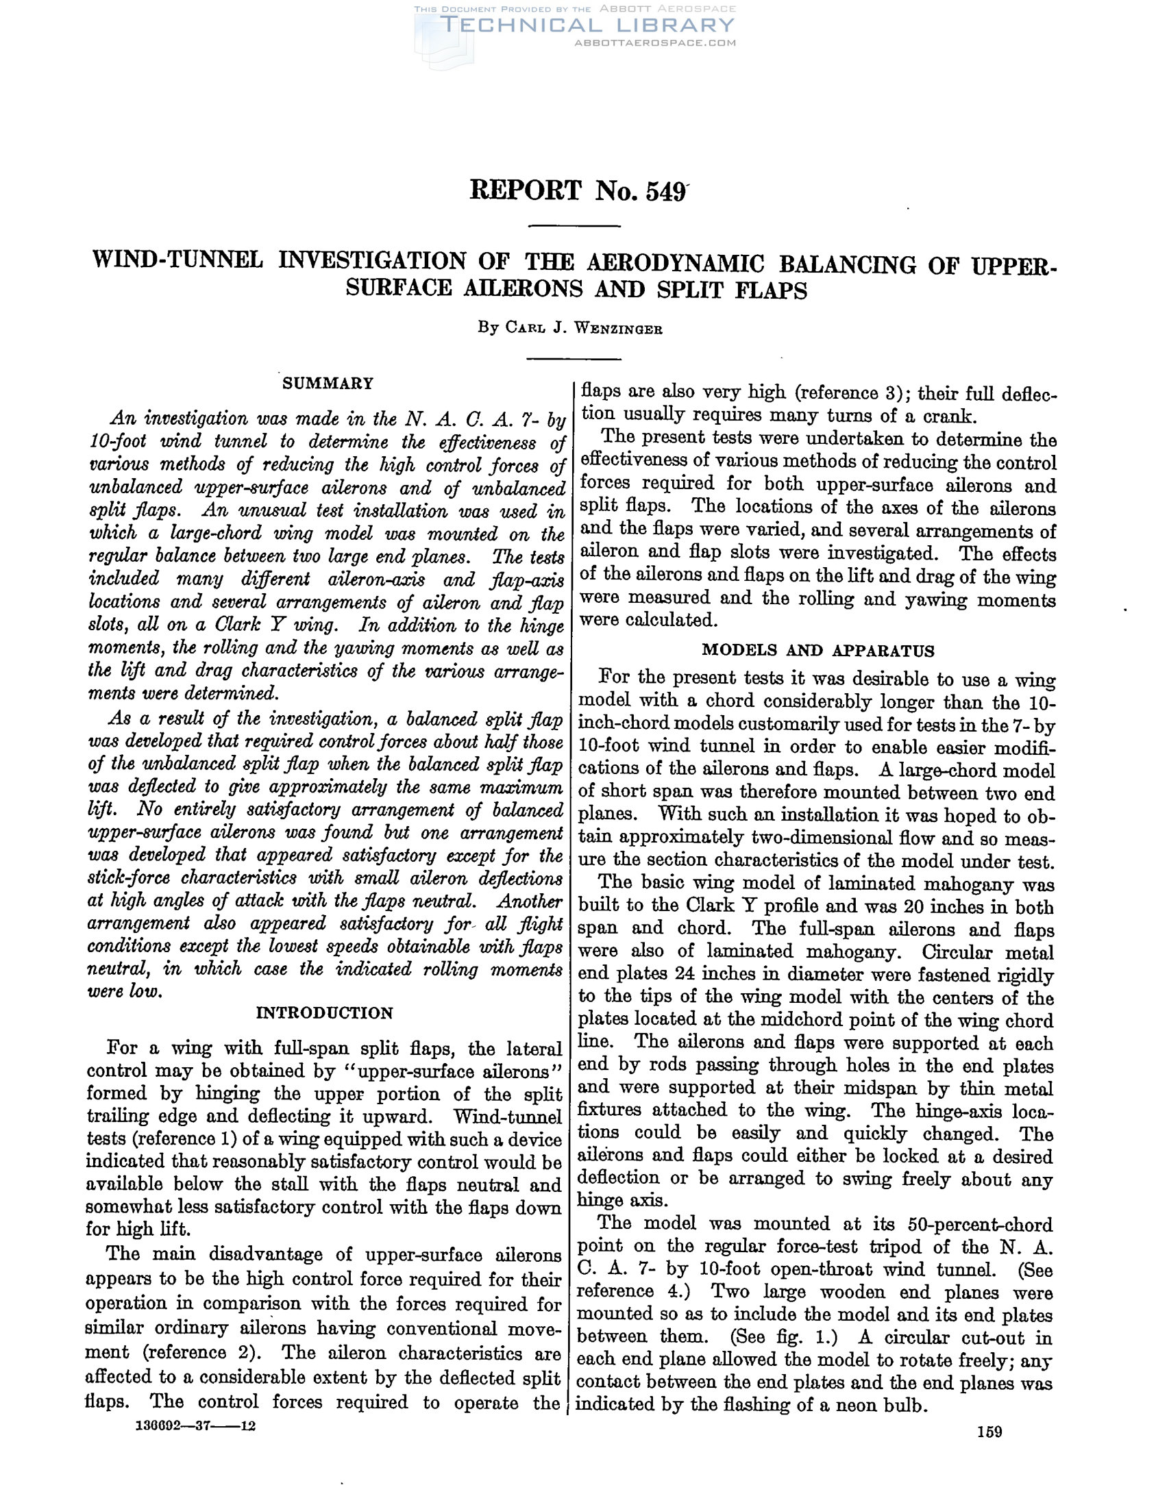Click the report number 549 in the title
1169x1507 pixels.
coord(665,191)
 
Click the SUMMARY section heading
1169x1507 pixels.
coord(328,384)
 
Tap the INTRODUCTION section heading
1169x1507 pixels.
coord(324,1013)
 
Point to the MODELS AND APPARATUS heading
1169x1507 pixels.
coord(817,650)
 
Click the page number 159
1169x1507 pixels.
coord(989,1432)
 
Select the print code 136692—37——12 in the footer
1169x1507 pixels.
coord(197,1425)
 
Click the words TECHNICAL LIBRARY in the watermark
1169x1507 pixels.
coord(587,25)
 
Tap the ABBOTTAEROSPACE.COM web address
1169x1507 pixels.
coord(655,42)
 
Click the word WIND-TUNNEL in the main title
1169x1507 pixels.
coord(178,260)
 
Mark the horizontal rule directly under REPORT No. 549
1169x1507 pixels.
coord(574,226)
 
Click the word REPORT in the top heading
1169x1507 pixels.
coord(525,190)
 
